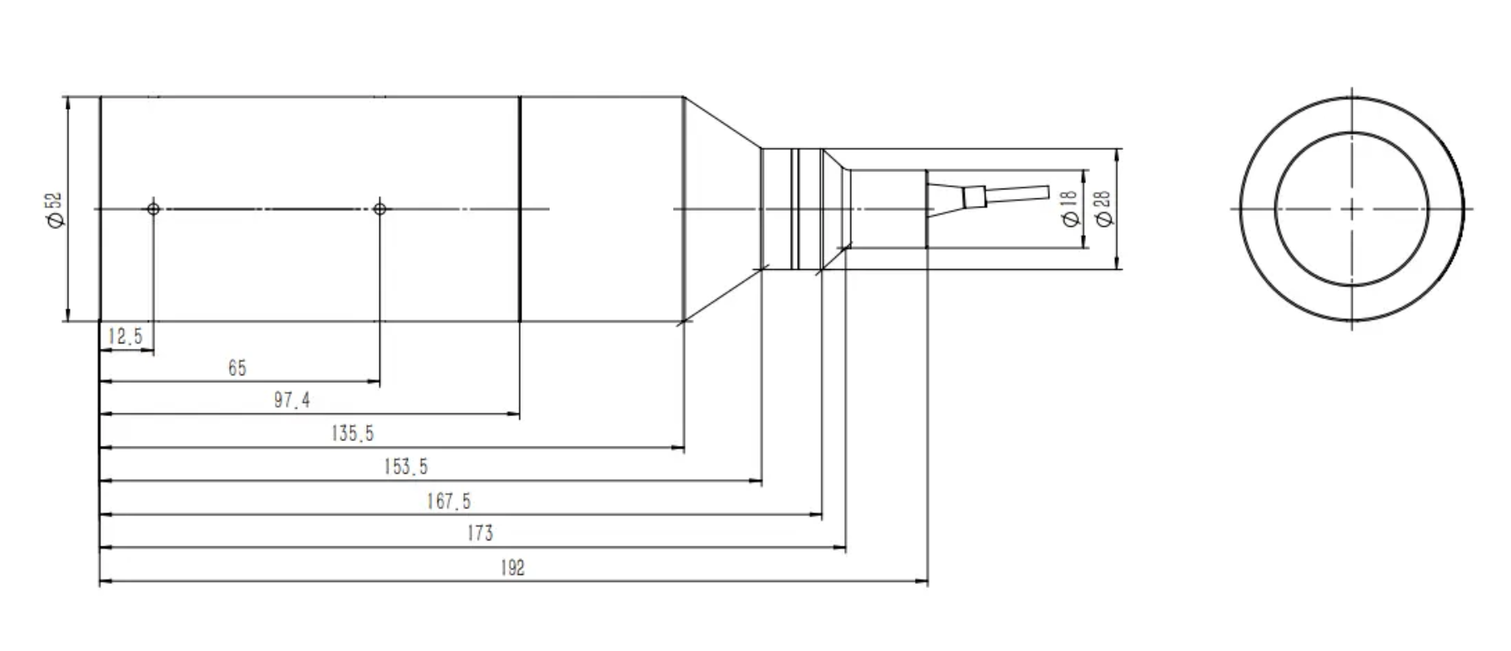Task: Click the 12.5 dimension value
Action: pos(125,336)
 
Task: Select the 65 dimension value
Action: pos(237,368)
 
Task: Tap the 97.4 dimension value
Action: pos(292,401)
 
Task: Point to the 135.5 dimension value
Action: pos(353,433)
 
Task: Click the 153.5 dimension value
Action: pos(406,467)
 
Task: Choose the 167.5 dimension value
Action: pos(449,501)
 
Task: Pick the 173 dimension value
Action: pos(480,533)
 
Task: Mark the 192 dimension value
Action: pos(513,568)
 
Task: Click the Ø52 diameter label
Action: pos(54,209)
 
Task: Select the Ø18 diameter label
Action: pos(1069,208)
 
